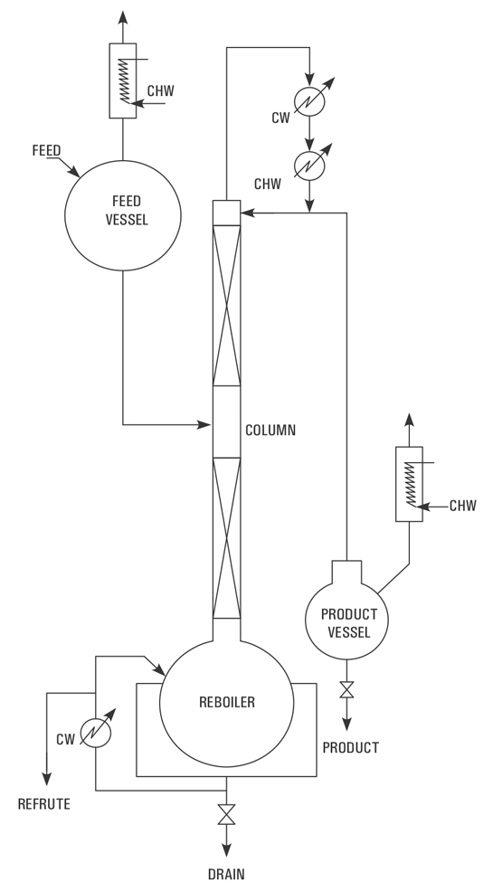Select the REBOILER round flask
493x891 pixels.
click(x=227, y=702)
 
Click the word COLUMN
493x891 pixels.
click(x=270, y=431)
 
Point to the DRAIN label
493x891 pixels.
click(x=227, y=874)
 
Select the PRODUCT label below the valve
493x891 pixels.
click(x=351, y=748)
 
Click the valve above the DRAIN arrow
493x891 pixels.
click(x=227, y=816)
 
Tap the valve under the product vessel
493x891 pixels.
click(x=346, y=690)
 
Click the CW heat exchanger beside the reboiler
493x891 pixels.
click(x=95, y=732)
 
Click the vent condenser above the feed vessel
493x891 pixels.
click(x=122, y=80)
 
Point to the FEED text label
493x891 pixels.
click(x=44, y=150)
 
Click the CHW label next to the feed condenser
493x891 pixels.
click(x=162, y=90)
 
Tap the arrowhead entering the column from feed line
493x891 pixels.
click(x=206, y=423)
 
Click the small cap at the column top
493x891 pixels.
click(x=227, y=212)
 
